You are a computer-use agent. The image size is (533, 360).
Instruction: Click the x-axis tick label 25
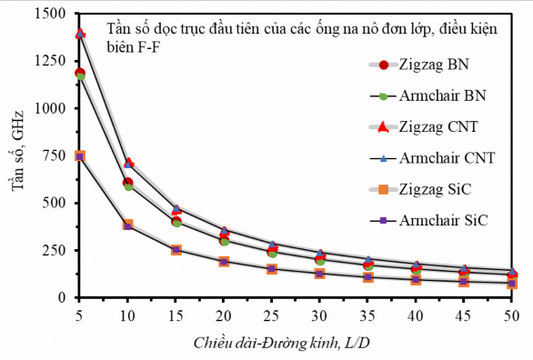point(272,315)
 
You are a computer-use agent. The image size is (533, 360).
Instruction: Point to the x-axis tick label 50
point(512,315)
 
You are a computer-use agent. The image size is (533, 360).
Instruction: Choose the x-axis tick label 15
point(176,315)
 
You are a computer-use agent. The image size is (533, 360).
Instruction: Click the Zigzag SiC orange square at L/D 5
point(80,156)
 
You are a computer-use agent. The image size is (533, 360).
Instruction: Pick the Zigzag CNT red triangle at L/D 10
point(128,164)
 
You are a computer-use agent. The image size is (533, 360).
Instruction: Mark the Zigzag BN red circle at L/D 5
point(80,73)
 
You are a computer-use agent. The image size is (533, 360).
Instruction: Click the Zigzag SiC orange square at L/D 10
point(128,225)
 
